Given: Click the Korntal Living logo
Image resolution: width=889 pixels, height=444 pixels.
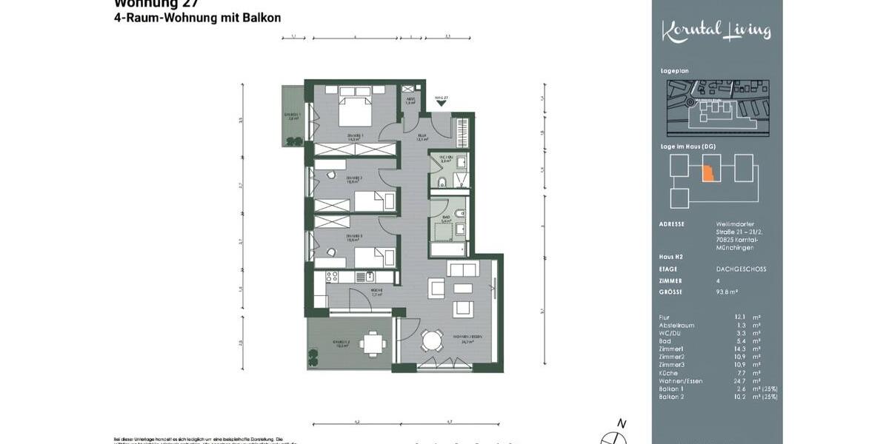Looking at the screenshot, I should [716, 31].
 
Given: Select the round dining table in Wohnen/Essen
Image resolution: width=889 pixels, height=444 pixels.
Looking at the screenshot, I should [431, 340].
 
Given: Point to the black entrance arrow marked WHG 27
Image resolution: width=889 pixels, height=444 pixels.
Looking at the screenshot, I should [442, 104].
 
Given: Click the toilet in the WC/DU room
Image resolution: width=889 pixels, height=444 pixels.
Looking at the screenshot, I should [441, 183].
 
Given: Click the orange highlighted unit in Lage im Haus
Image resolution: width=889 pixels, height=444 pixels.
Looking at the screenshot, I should [707, 171].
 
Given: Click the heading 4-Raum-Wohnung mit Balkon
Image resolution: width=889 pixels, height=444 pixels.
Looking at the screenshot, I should [197, 18].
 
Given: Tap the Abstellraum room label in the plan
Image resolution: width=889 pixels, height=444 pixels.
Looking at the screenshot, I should [410, 99].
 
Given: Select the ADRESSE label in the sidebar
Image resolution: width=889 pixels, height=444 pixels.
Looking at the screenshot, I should [671, 223].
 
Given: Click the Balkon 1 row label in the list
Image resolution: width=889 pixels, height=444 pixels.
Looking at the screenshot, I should [672, 388].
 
